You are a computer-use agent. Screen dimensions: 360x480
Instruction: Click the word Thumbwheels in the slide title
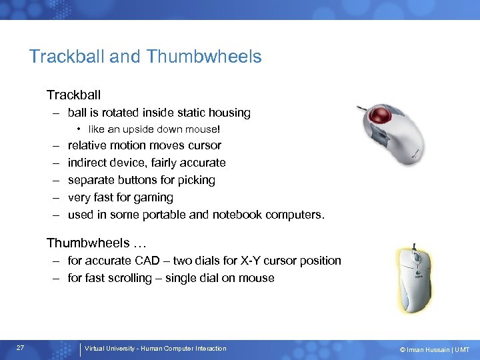pos(205,57)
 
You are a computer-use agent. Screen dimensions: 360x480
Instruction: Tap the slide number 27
pos(21,348)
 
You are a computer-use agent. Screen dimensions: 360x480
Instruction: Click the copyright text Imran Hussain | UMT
pos(435,349)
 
